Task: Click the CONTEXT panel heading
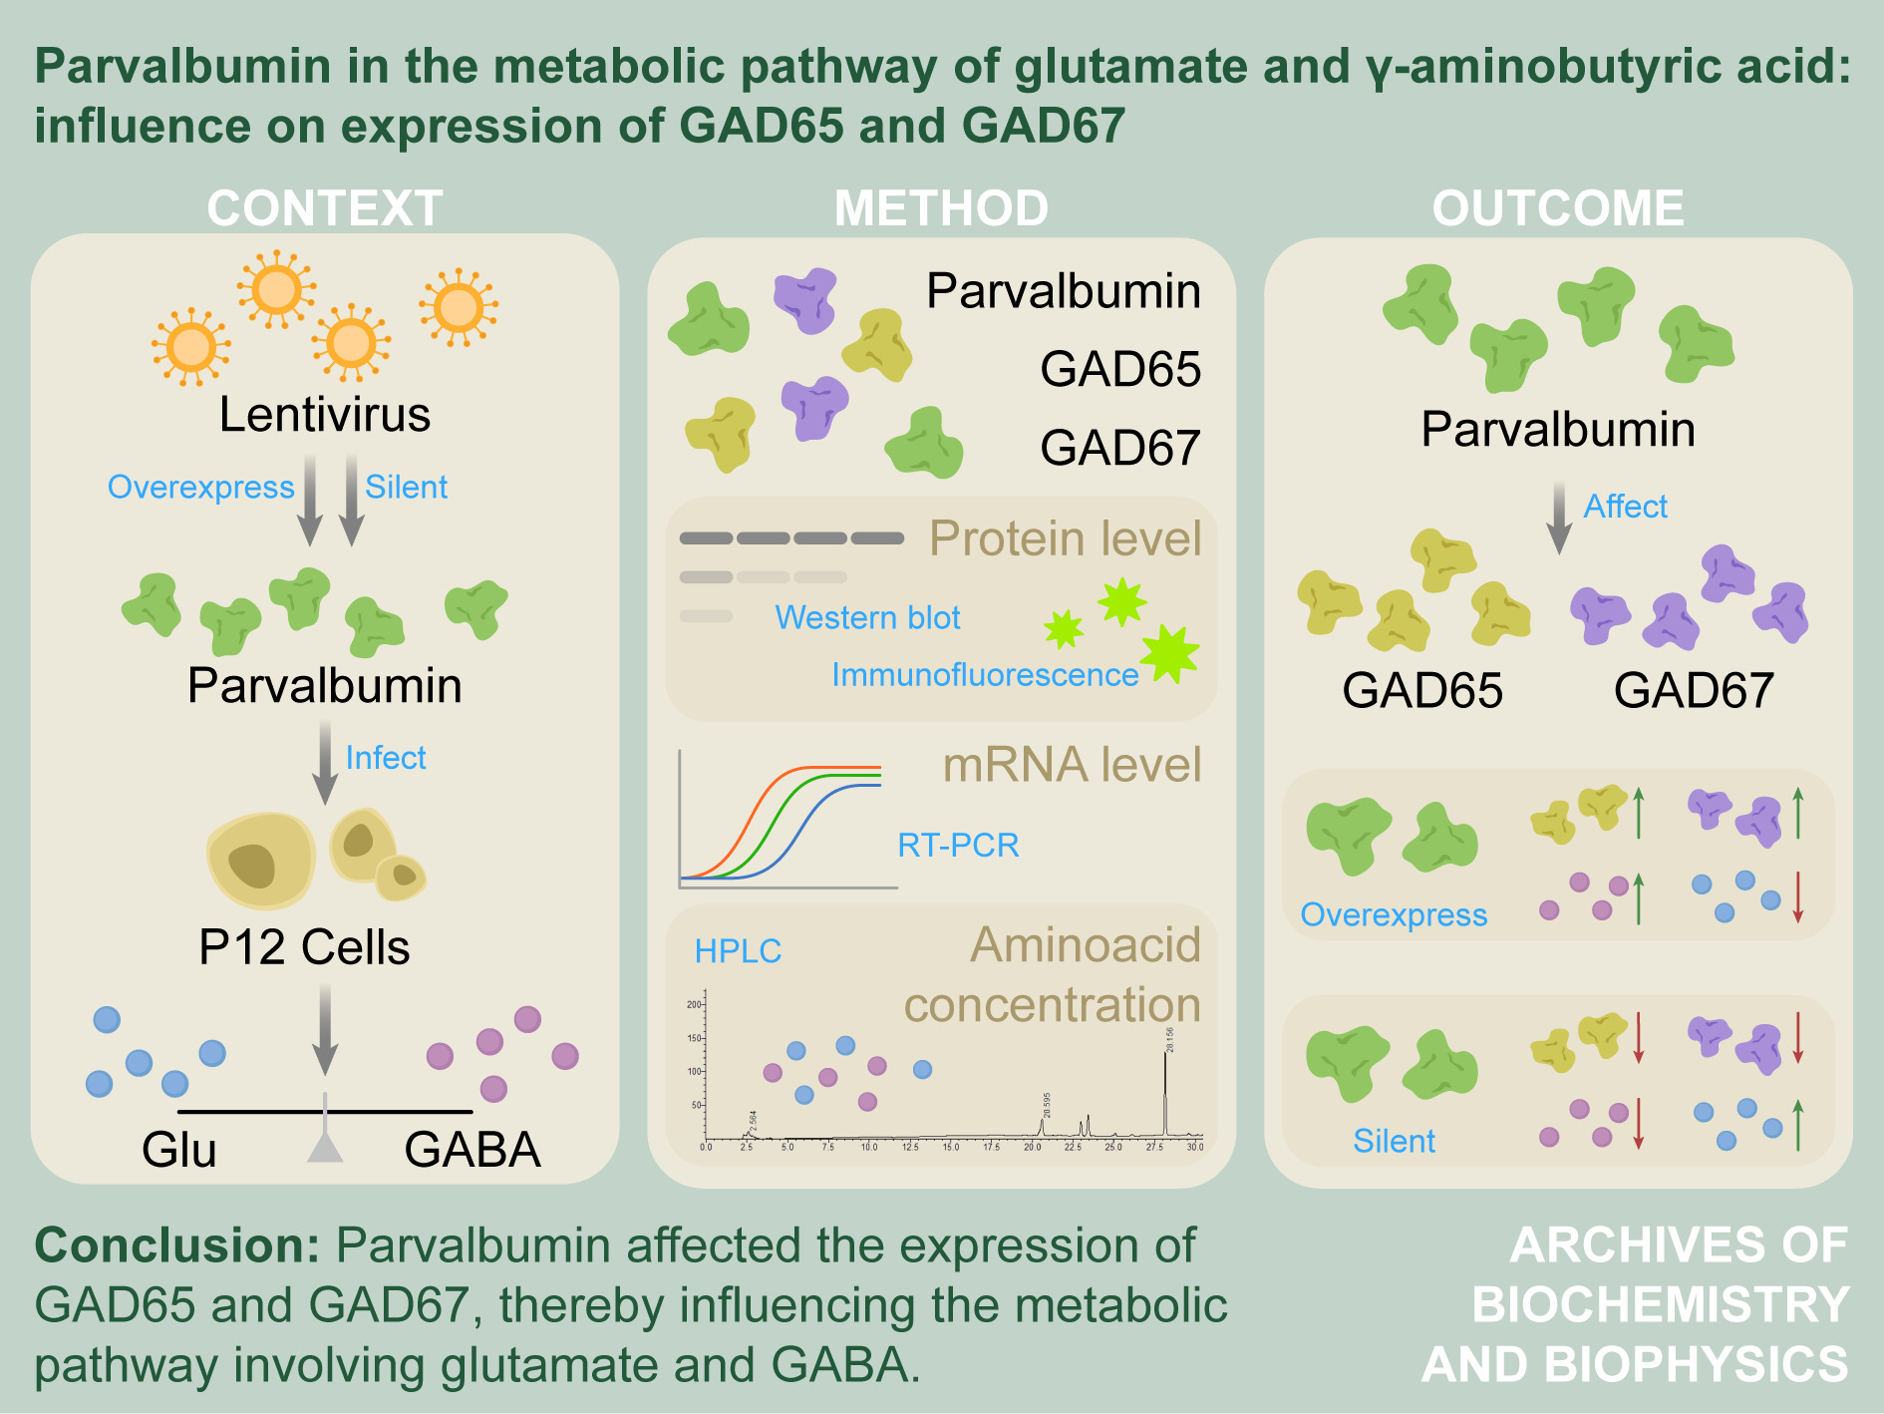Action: point(325,208)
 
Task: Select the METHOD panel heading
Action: point(941,208)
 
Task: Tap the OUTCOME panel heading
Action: point(1558,208)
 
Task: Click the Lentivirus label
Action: point(325,414)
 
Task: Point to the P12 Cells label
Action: point(304,947)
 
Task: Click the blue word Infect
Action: point(386,758)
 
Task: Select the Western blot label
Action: point(867,618)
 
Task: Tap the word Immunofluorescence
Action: point(985,675)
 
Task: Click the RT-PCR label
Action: point(958,846)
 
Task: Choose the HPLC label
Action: point(738,951)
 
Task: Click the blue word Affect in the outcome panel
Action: point(1625,507)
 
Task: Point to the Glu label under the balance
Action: point(179,1150)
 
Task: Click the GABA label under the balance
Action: point(472,1150)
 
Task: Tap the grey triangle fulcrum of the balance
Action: point(325,1147)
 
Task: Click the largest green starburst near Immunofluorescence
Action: point(1169,654)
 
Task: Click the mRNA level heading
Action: point(1072,765)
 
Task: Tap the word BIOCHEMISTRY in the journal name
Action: point(1661,1304)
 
